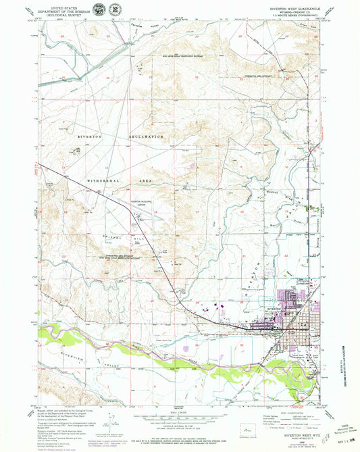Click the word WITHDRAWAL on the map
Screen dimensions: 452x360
click(x=104, y=182)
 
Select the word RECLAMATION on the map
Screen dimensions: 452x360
click(x=149, y=137)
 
